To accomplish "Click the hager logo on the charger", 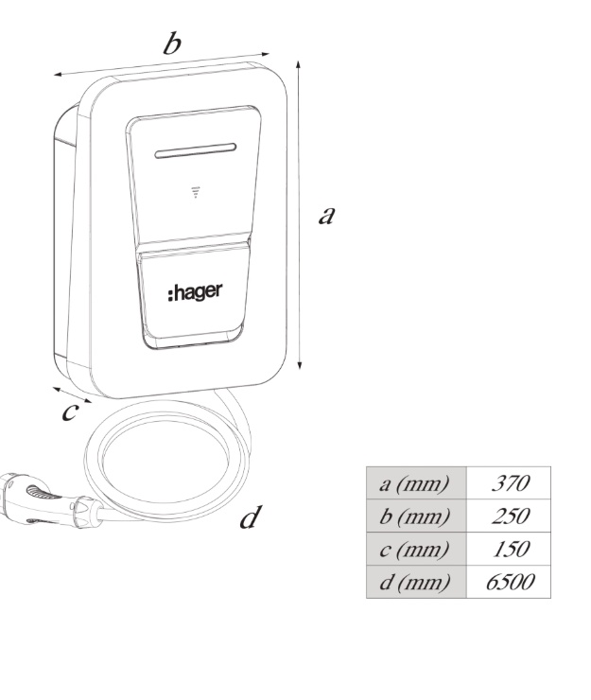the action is point(195,292).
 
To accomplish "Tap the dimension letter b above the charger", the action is point(172,44).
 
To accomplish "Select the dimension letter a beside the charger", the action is point(327,215).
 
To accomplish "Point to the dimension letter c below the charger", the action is point(70,411).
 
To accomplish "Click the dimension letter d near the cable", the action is point(250,517).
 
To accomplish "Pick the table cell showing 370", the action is point(509,483).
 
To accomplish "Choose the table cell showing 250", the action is point(509,516).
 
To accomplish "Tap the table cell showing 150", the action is point(509,549).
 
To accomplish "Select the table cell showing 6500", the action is point(509,582).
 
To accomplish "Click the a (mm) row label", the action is point(414,483).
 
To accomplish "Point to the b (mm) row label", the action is point(414,516).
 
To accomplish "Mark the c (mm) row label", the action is point(414,549).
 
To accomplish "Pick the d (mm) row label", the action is point(414,582).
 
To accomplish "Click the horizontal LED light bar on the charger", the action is point(195,150).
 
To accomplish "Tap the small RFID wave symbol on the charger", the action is point(195,192).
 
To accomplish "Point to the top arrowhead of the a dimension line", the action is point(298,64).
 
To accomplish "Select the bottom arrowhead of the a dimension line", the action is point(300,365).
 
